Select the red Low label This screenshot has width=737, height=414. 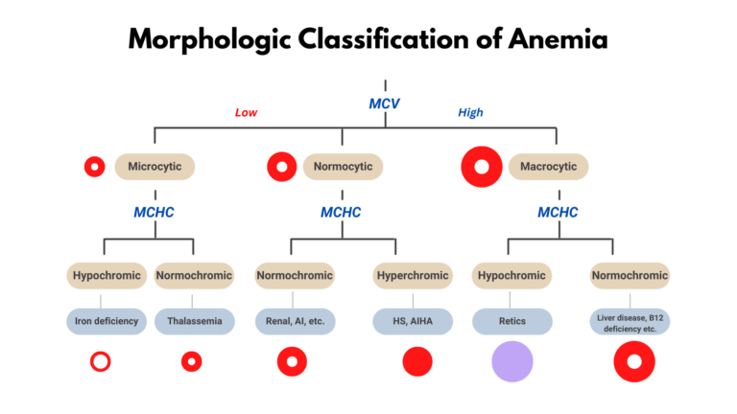click(x=246, y=113)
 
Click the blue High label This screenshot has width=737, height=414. click(x=470, y=113)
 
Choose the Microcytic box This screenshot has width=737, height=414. click(x=155, y=167)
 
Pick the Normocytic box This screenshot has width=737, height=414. click(x=344, y=167)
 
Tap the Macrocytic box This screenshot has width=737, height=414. click(x=548, y=167)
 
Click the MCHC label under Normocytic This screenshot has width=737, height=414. click(x=341, y=213)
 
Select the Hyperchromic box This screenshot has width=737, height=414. click(x=412, y=276)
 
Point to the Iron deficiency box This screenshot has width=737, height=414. click(x=107, y=322)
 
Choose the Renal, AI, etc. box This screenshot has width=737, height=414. click(x=294, y=322)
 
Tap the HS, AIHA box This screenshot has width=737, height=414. click(x=412, y=322)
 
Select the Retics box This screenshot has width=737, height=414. click(x=511, y=322)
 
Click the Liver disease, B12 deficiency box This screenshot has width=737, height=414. click(x=630, y=322)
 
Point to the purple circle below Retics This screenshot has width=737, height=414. click(x=511, y=361)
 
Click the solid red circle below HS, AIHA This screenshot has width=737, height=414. click(x=417, y=362)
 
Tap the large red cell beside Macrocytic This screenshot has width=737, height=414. click(x=482, y=168)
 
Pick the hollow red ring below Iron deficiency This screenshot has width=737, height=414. click(x=101, y=362)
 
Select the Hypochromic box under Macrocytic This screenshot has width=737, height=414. click(x=511, y=276)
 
